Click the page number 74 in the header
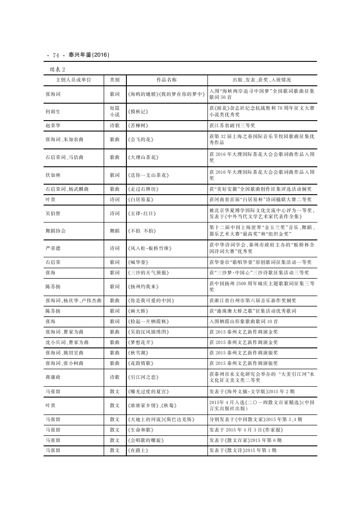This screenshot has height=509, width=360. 56,55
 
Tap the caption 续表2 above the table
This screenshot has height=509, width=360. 58,70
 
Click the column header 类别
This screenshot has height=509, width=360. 115,80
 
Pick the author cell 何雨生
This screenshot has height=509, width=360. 53,111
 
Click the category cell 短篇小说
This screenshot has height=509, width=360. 115,111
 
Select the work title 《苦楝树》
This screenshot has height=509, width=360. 139,125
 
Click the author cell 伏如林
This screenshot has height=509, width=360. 53,175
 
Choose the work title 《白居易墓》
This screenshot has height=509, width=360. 141,199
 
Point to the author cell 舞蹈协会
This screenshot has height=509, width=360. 55,230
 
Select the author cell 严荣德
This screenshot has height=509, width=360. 53,248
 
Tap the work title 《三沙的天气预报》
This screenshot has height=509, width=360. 148,273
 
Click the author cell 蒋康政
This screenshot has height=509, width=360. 53,377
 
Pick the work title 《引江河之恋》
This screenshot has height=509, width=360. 143,377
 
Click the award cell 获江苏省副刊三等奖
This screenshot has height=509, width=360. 231,125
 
